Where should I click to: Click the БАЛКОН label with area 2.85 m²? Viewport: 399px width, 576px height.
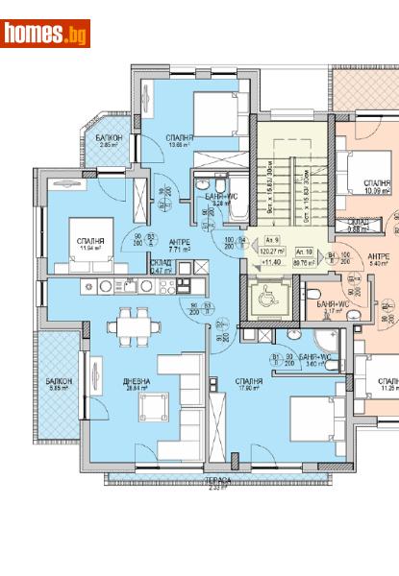click(x=109, y=142)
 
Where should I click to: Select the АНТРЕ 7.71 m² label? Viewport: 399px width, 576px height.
click(x=180, y=245)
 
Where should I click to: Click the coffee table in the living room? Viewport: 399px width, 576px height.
click(x=150, y=411)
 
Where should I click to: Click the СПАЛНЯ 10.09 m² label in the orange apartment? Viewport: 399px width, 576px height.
click(x=376, y=185)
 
